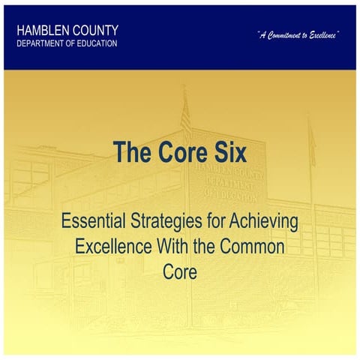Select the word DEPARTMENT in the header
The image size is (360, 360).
pos(44,43)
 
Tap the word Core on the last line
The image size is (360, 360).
pos(179,271)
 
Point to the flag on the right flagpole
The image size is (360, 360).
pos(310,139)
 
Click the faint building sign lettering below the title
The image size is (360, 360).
pos(229,184)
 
